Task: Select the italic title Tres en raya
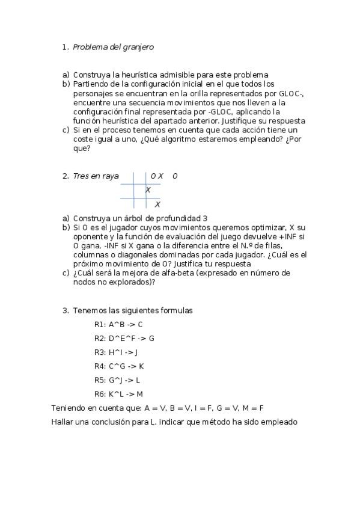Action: point(96,176)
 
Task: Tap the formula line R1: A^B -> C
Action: point(118,325)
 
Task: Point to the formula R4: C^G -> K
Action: point(119,366)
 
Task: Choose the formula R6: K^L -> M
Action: point(119,394)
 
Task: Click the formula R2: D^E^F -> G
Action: point(124,339)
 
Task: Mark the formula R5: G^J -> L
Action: point(117,380)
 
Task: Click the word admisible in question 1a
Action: point(175,75)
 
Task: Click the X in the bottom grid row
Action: point(157,204)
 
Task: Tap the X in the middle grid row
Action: point(148,190)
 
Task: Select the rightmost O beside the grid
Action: point(175,176)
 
